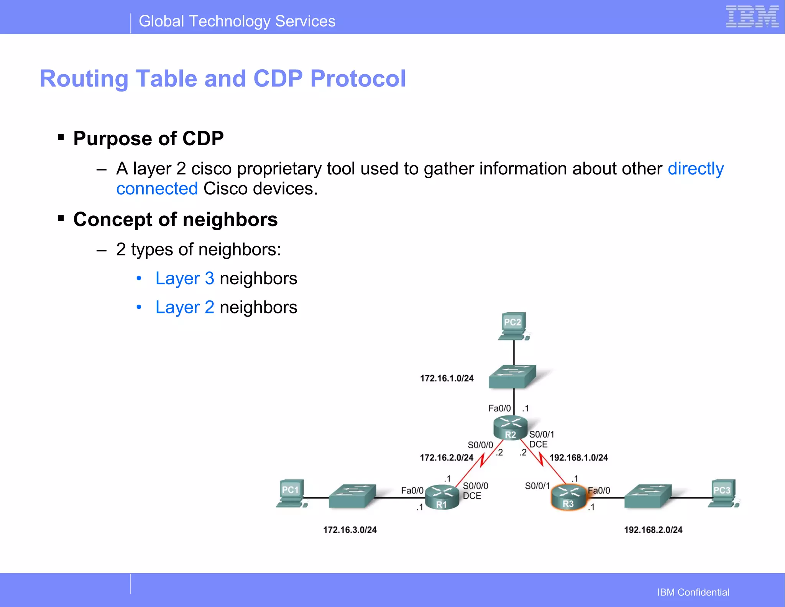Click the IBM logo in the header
click(752, 17)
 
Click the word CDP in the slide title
click(278, 79)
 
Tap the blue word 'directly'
click(695, 169)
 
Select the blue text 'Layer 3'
click(184, 279)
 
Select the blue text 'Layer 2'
click(184, 307)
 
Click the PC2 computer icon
click(513, 326)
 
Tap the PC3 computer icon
click(723, 494)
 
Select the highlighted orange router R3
click(568, 497)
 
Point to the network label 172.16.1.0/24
click(447, 379)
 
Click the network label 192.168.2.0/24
click(653, 530)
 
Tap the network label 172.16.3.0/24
click(350, 530)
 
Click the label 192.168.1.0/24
click(578, 458)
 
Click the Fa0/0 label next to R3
click(599, 491)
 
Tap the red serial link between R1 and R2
click(480, 462)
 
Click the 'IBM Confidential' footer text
click(693, 592)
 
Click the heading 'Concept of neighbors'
click(175, 220)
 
